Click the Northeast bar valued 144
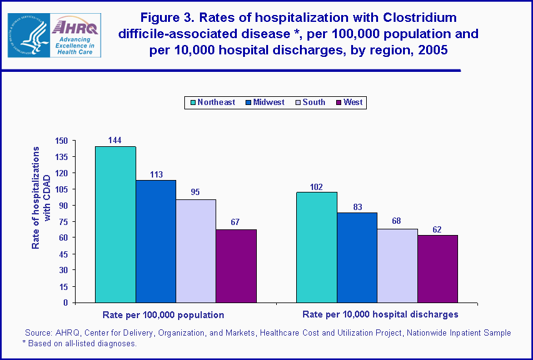coord(115,224)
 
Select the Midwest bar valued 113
coord(156,241)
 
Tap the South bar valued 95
coord(196,251)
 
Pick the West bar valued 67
coord(236,266)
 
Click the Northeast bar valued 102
coord(317,247)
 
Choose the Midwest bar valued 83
coord(357,257)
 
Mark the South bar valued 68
coord(397,266)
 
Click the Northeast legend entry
coord(211,102)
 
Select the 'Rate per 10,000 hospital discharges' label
coord(380,314)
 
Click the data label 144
coord(114,140)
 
